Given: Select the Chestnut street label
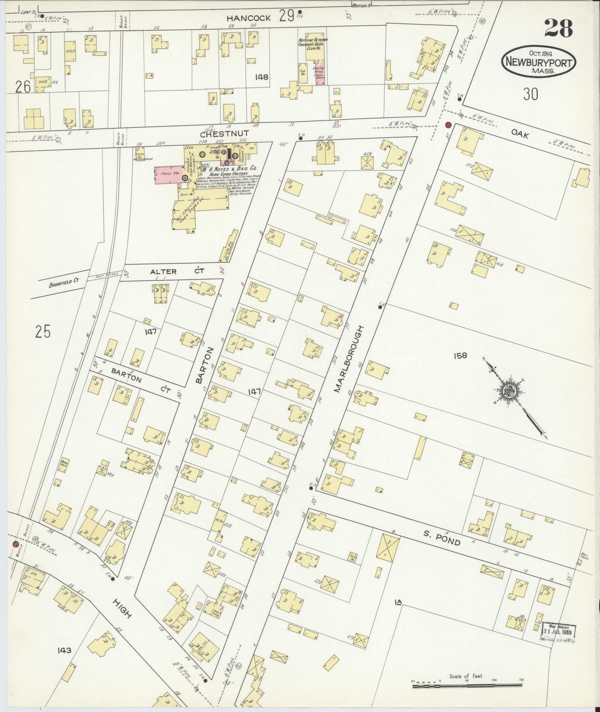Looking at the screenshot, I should point(224,134).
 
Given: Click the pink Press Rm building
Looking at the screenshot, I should point(168,174).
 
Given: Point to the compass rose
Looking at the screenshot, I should point(509,391).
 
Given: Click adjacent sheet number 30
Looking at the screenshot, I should point(530,94).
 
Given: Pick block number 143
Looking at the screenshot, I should point(65,650).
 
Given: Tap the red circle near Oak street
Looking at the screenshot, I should point(448,125).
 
